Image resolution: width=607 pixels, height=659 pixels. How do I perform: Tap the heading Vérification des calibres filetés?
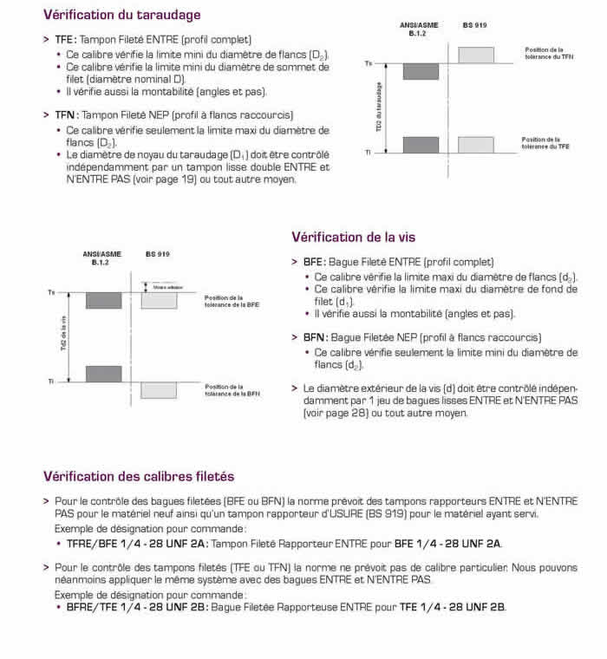[x=138, y=476]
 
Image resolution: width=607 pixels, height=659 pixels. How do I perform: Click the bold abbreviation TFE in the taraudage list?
[x=64, y=40]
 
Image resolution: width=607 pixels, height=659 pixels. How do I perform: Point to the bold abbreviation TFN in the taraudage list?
[x=65, y=114]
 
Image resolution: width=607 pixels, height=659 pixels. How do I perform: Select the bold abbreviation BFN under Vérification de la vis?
[x=314, y=337]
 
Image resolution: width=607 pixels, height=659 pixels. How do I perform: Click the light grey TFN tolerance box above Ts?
[x=476, y=55]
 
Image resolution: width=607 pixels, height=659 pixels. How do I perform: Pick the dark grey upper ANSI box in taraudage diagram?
[x=421, y=71]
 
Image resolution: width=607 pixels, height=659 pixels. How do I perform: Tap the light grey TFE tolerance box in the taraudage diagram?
[x=476, y=144]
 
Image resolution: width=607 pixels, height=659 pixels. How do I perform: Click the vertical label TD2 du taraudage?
[x=379, y=106]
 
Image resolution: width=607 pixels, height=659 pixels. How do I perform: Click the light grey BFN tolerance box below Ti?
[x=158, y=390]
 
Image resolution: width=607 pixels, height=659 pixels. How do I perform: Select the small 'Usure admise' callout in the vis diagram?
[x=166, y=286]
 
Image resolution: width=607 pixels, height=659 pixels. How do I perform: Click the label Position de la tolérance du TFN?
[x=549, y=54]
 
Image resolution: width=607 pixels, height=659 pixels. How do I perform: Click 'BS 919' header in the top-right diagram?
[x=474, y=26]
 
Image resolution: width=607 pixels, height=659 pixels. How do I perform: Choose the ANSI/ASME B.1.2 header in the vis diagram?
[x=102, y=258]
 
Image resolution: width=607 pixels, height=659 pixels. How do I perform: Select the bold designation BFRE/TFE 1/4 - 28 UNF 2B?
[x=137, y=607]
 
